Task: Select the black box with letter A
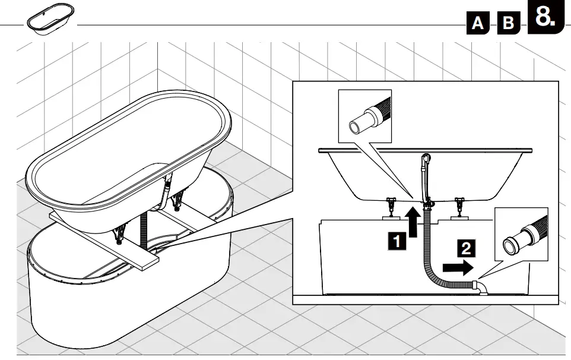(x=478, y=23)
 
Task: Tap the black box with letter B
(x=507, y=23)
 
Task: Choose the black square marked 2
(x=467, y=248)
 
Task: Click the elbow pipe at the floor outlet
(x=481, y=288)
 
